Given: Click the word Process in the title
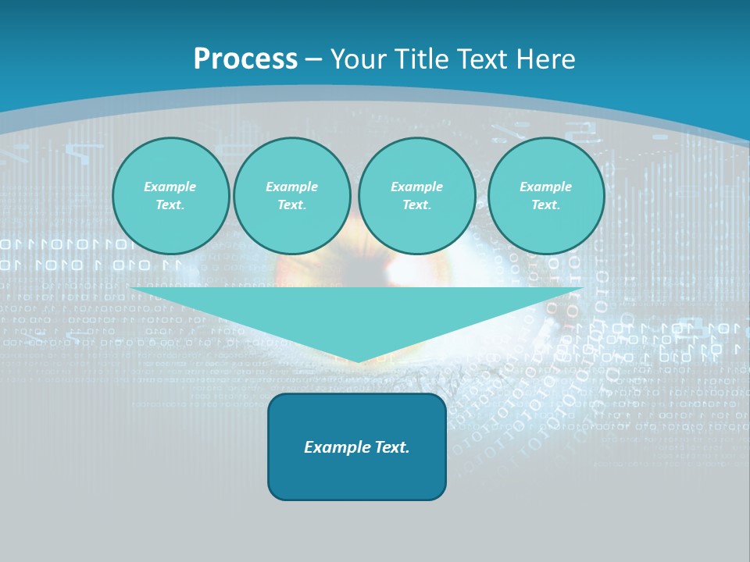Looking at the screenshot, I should click(245, 59).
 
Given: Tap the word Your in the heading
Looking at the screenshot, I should click(359, 59).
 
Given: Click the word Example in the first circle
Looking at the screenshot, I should click(170, 187).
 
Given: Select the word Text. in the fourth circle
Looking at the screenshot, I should click(545, 205).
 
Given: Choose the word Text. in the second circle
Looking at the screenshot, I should click(291, 205).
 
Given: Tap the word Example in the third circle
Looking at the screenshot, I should click(416, 187).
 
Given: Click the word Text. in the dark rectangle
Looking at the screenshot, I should click(391, 447).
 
